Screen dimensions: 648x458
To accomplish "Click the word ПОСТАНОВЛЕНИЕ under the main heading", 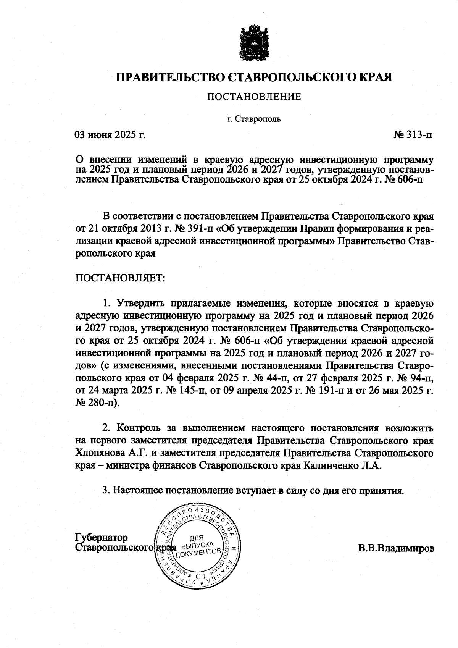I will pos(254,97).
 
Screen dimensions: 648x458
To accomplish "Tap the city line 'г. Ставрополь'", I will pos(254,119).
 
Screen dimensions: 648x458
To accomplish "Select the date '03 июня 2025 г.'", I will pos(110,135).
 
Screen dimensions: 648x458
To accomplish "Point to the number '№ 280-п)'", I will pos(98,403).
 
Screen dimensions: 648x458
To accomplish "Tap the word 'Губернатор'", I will pos(102,538).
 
